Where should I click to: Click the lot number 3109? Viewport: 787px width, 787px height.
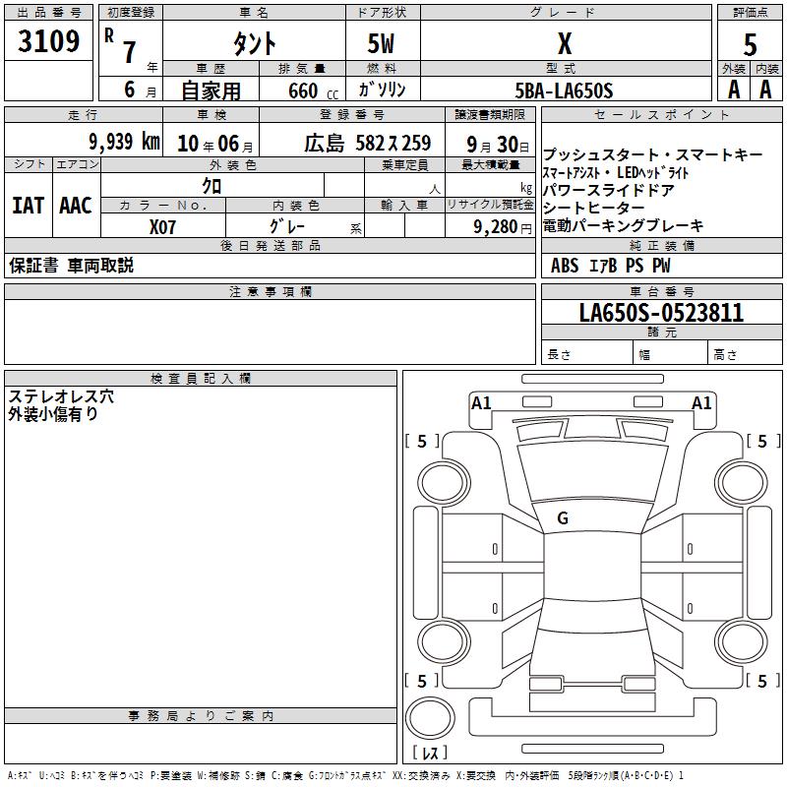pyautogui.click(x=48, y=41)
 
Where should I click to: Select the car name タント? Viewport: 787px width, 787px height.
pyautogui.click(x=255, y=43)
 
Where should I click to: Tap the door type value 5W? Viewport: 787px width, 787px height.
pyautogui.click(x=381, y=43)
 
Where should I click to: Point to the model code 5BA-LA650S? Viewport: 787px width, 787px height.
pyautogui.click(x=564, y=91)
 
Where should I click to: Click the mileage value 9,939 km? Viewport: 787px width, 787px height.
pyautogui.click(x=125, y=142)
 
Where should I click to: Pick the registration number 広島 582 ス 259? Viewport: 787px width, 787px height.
pyautogui.click(x=367, y=144)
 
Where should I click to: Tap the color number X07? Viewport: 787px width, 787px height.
pyautogui.click(x=162, y=227)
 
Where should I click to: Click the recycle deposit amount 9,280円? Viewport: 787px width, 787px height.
pyautogui.click(x=503, y=227)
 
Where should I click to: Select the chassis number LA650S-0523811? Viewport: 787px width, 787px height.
pyautogui.click(x=661, y=313)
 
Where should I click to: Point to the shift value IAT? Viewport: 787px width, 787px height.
pyautogui.click(x=29, y=206)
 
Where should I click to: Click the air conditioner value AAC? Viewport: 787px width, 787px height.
pyautogui.click(x=76, y=206)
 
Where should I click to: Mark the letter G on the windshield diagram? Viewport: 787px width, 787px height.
pyautogui.click(x=563, y=518)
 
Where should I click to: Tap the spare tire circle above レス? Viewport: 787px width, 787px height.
pyautogui.click(x=430, y=718)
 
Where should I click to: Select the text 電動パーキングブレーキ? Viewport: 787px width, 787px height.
pyautogui.click(x=623, y=226)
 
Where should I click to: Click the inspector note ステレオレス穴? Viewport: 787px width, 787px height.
pyautogui.click(x=61, y=396)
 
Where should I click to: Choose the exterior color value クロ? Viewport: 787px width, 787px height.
pyautogui.click(x=212, y=186)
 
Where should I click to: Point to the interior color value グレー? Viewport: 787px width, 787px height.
pyautogui.click(x=287, y=226)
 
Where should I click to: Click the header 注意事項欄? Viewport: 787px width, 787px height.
pyautogui.click(x=271, y=291)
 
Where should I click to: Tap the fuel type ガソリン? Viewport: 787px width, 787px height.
pyautogui.click(x=382, y=91)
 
